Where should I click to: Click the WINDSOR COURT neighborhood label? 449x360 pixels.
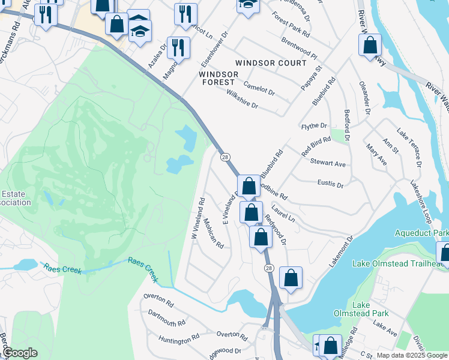point(271,63)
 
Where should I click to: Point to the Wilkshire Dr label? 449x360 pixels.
point(242,99)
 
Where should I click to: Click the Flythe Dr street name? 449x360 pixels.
point(314,126)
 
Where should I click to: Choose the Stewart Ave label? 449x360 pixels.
point(328,163)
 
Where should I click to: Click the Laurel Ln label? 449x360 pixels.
point(283,213)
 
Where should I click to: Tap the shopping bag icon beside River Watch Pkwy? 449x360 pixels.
point(370,46)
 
